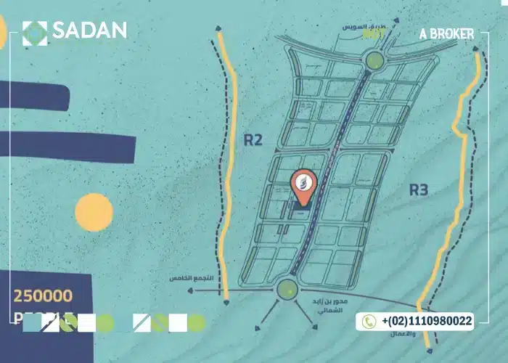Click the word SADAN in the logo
pos(89,30)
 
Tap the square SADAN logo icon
pos(35,32)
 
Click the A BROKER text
pos(446,34)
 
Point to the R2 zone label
pos(253,139)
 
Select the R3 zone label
pos(419,190)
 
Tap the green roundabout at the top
pos(374,60)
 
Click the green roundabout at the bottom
pos(287,290)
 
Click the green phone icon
pos(369,321)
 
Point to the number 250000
pos(43,295)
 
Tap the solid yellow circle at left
pos(94,212)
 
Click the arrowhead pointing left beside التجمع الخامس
pos(191,290)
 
